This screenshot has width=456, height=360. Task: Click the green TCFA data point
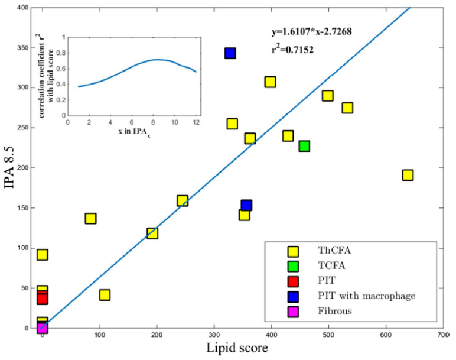click(304, 146)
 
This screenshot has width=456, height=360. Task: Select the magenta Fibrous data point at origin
click(42, 328)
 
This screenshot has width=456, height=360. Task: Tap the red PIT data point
click(42, 299)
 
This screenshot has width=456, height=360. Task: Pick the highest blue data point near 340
click(230, 54)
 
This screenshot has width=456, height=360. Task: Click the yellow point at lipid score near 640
click(408, 175)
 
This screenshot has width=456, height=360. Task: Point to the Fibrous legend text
click(332, 310)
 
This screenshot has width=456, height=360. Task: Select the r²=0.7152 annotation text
click(292, 50)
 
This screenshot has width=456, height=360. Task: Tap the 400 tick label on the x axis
click(271, 336)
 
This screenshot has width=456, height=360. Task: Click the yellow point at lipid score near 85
click(90, 219)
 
